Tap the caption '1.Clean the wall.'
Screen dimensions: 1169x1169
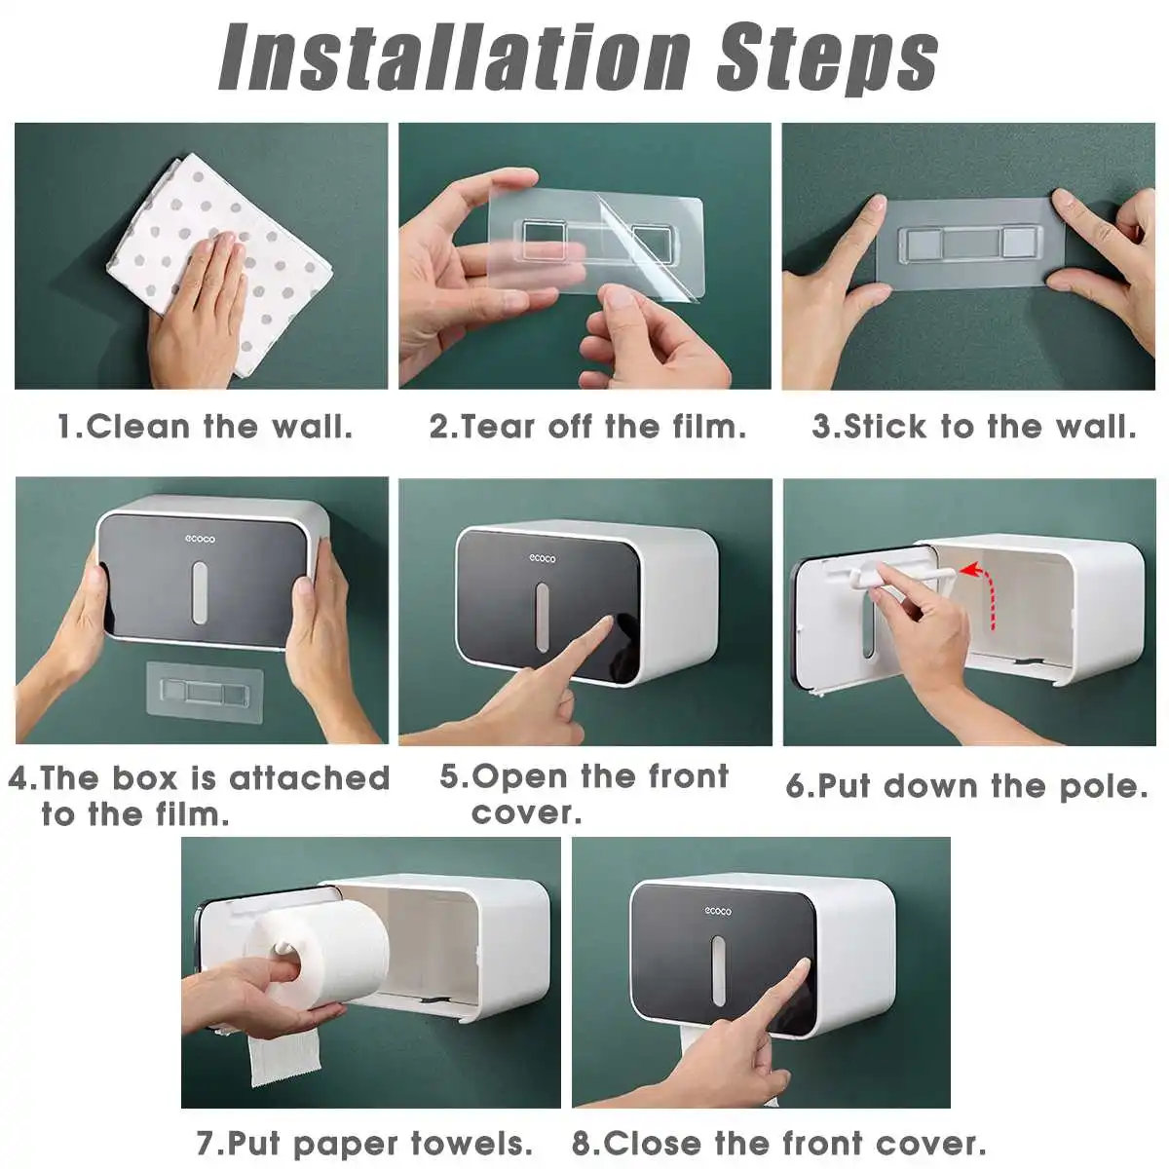(x=205, y=427)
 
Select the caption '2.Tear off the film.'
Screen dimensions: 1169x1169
(x=587, y=427)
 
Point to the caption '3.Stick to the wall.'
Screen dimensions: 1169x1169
(x=974, y=427)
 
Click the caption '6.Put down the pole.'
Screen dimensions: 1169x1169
(x=967, y=786)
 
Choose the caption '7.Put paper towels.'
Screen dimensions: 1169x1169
(x=365, y=1143)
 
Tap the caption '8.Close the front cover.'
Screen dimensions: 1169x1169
(x=779, y=1143)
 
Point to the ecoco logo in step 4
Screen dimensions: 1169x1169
(x=201, y=539)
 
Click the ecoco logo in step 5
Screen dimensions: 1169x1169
(x=543, y=558)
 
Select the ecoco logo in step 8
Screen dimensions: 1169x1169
(x=718, y=911)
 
